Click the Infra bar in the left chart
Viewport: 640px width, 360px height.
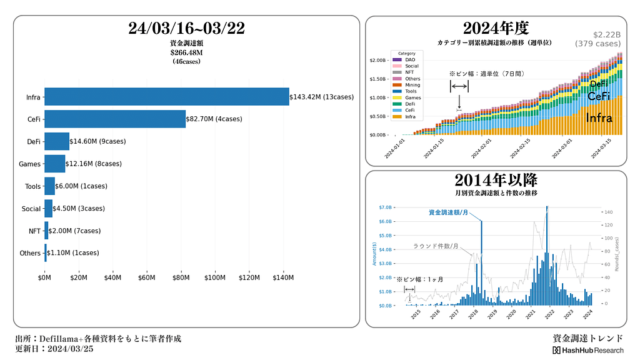pyautogui.click(x=166, y=97)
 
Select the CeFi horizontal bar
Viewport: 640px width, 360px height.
pyautogui.click(x=114, y=119)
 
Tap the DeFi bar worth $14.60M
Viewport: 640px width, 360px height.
pyautogui.click(x=56, y=141)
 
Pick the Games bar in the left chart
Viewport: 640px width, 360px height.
pyautogui.click(x=54, y=164)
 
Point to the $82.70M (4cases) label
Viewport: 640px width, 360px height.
pyautogui.click(x=214, y=119)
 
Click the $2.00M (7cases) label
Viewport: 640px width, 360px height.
pyautogui.click(x=74, y=231)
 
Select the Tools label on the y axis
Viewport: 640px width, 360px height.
pyautogui.click(x=32, y=186)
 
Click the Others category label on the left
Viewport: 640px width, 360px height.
pyautogui.click(x=30, y=253)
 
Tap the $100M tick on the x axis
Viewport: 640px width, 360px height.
pyautogui.click(x=215, y=277)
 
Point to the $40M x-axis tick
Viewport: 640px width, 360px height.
pyautogui.click(x=112, y=277)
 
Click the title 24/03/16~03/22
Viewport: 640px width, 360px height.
pyautogui.click(x=186, y=28)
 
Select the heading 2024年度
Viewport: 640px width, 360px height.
pyautogui.click(x=496, y=28)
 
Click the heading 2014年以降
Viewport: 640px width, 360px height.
pyautogui.click(x=496, y=181)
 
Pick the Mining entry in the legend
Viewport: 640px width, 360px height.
pyautogui.click(x=412, y=85)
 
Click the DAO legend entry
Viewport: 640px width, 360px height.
pyautogui.click(x=409, y=59)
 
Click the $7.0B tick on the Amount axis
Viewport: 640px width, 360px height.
pyautogui.click(x=385, y=207)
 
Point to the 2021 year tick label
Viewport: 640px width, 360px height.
pyautogui.click(x=531, y=316)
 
